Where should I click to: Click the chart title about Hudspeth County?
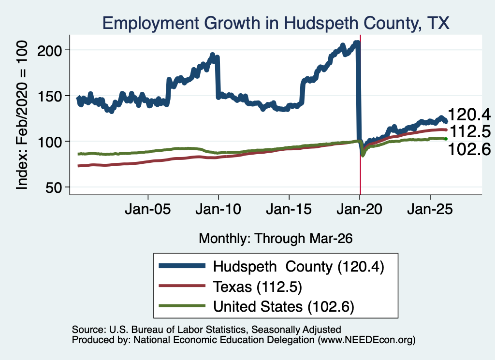(x=276, y=23)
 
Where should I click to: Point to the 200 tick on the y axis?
(x=50, y=50)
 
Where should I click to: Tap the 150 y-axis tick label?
(x=50, y=96)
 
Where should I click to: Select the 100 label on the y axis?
(x=50, y=142)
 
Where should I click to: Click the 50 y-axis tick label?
(x=54, y=187)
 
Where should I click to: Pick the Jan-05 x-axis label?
(x=148, y=209)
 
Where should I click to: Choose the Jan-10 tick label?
(x=218, y=209)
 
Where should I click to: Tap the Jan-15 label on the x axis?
(x=289, y=209)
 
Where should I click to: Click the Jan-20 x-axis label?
(x=360, y=209)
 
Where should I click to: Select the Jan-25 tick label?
(x=430, y=209)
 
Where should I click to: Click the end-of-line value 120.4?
(x=469, y=114)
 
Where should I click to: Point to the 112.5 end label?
(x=470, y=131)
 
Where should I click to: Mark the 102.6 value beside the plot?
(x=469, y=149)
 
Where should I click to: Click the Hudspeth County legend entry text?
(x=299, y=267)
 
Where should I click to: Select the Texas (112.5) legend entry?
(x=258, y=287)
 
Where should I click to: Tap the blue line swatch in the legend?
(x=182, y=266)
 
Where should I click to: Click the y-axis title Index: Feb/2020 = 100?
(x=22, y=115)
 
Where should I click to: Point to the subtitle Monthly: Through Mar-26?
(x=276, y=238)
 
